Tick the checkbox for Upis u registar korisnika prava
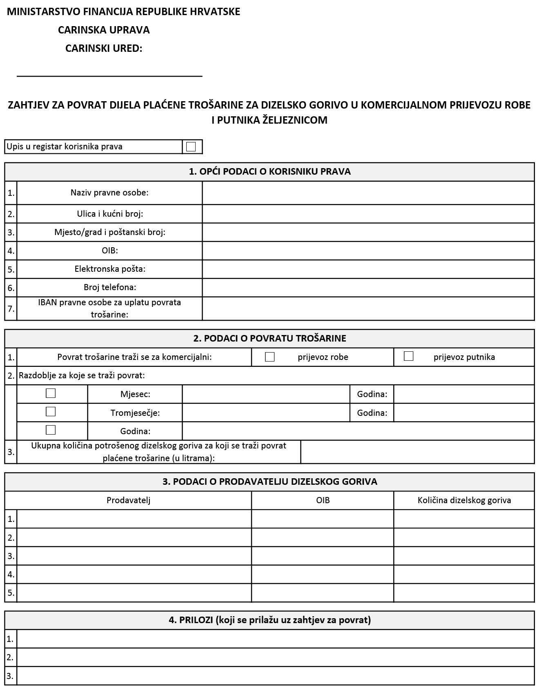[x=191, y=146]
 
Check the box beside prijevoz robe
[x=270, y=357]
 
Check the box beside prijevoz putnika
[x=408, y=356]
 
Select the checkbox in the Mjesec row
[x=51, y=393]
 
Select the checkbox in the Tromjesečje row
[x=51, y=412]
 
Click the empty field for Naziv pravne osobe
[x=368, y=193]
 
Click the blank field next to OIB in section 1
[x=368, y=251]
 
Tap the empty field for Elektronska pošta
[x=368, y=269]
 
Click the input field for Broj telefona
[x=368, y=288]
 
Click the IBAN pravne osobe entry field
[x=368, y=308]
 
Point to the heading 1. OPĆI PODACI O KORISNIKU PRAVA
[x=270, y=172]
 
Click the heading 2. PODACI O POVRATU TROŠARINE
[x=270, y=338]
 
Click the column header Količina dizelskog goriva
[x=464, y=500]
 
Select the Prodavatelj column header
[x=128, y=500]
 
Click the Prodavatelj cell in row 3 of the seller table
[x=134, y=556]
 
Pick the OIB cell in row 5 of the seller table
[x=323, y=593]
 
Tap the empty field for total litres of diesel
[x=417, y=452]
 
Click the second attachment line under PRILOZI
[x=275, y=657]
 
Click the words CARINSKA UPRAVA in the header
[x=104, y=30]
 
